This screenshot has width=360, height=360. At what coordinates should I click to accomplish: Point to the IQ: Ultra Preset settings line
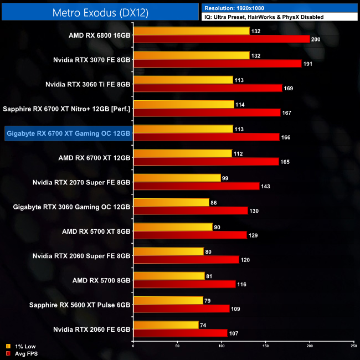[x=263, y=17]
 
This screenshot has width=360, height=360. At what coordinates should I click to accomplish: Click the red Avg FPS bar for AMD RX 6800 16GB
[x=222, y=39]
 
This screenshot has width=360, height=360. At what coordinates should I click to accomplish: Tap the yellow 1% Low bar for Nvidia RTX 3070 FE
[x=192, y=55]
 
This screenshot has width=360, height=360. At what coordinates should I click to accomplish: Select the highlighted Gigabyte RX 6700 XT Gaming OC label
[x=68, y=133]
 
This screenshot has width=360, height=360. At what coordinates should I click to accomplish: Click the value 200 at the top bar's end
[x=316, y=39]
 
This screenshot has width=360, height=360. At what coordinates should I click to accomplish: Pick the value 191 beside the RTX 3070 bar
[x=307, y=64]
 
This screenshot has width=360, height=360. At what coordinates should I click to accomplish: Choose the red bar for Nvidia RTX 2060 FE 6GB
[x=180, y=333]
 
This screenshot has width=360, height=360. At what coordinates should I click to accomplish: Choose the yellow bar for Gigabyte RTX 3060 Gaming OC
[x=171, y=202]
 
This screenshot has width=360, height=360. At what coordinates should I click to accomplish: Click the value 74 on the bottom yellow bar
[x=203, y=325]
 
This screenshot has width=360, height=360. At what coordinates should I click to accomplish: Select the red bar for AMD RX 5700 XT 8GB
[x=190, y=235]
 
